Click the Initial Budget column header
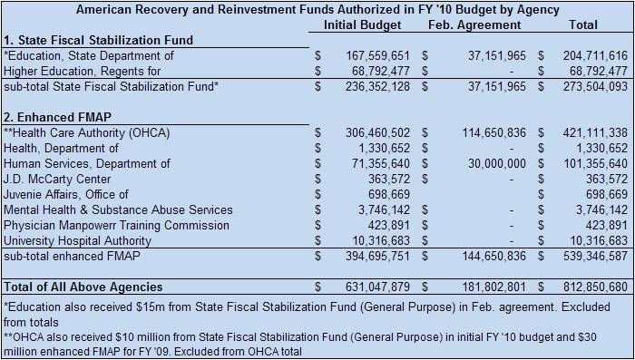coord(363,25)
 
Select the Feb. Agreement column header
coord(474,25)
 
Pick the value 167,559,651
coord(377,56)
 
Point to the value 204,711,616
coord(595,56)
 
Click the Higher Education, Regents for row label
coord(83,72)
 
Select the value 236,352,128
coord(377,87)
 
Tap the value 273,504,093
coord(595,87)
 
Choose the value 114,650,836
coord(494,132)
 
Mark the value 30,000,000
coord(497,163)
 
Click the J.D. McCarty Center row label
coord(57,179)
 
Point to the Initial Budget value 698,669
coord(389,194)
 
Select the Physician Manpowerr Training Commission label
coord(116,225)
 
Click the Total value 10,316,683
coord(599,240)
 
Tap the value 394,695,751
coord(377,256)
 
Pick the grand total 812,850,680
coord(595,287)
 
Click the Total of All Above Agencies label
coord(83,287)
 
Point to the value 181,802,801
coord(494,287)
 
